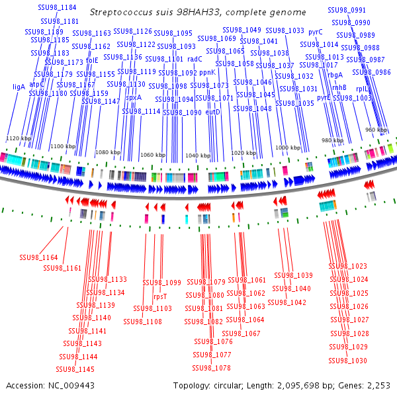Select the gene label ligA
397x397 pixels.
(x=19, y=86)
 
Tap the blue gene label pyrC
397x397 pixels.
(x=316, y=31)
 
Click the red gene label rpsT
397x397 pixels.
(x=160, y=297)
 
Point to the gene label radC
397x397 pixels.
(x=195, y=59)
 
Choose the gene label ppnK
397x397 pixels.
(x=207, y=72)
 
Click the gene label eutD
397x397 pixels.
(x=213, y=112)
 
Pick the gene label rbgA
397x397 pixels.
(x=335, y=75)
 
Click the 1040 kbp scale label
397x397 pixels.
(x=197, y=155)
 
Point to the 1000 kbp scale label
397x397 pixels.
(x=288, y=148)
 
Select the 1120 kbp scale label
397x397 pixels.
(x=19, y=138)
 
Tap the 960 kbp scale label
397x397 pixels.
(x=375, y=130)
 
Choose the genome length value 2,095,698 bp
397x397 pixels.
(x=298, y=385)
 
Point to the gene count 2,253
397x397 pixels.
(x=378, y=385)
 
